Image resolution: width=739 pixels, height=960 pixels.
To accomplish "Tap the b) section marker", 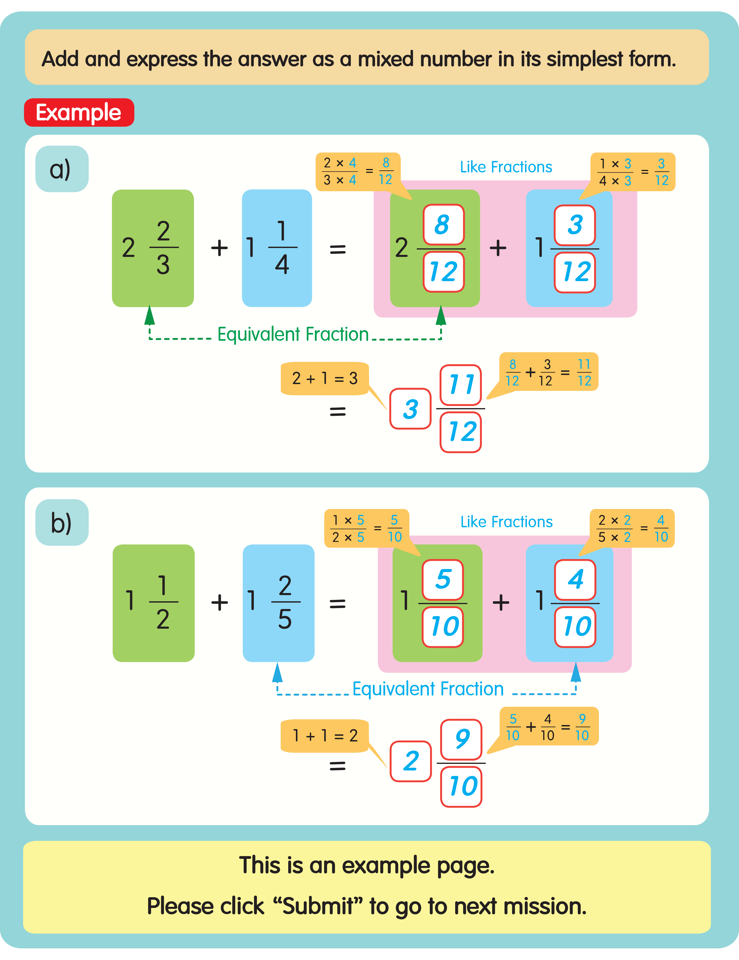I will pyautogui.click(x=62, y=523).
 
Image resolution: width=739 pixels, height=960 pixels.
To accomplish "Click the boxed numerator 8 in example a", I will pyautogui.click(x=443, y=225).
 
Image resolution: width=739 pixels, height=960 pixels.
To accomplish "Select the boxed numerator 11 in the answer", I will pyautogui.click(x=461, y=385).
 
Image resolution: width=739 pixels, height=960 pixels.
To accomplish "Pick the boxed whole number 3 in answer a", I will pyautogui.click(x=410, y=409).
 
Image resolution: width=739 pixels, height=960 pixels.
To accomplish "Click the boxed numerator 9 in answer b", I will pyautogui.click(x=462, y=739).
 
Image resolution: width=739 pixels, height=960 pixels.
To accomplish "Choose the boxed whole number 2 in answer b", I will pyautogui.click(x=411, y=761).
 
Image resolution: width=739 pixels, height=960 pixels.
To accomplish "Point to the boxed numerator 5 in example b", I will pyautogui.click(x=443, y=579).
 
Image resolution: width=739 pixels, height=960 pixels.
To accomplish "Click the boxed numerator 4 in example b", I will pyautogui.click(x=575, y=579).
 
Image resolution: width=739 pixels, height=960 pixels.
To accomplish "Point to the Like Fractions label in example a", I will pyautogui.click(x=506, y=167).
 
